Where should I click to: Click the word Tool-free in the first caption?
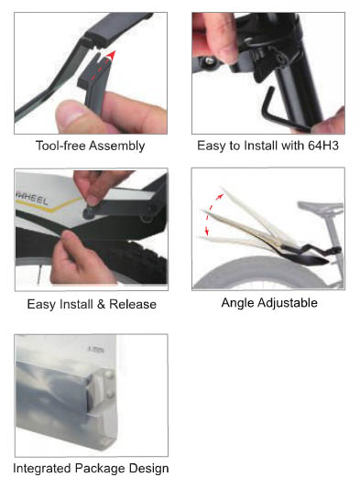60,146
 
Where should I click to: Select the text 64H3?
323,146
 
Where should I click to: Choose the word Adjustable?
288,303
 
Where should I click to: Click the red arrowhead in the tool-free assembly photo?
111,56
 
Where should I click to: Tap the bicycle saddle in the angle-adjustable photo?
320,207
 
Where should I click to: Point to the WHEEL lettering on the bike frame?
32,199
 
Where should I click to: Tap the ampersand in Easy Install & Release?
101,304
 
